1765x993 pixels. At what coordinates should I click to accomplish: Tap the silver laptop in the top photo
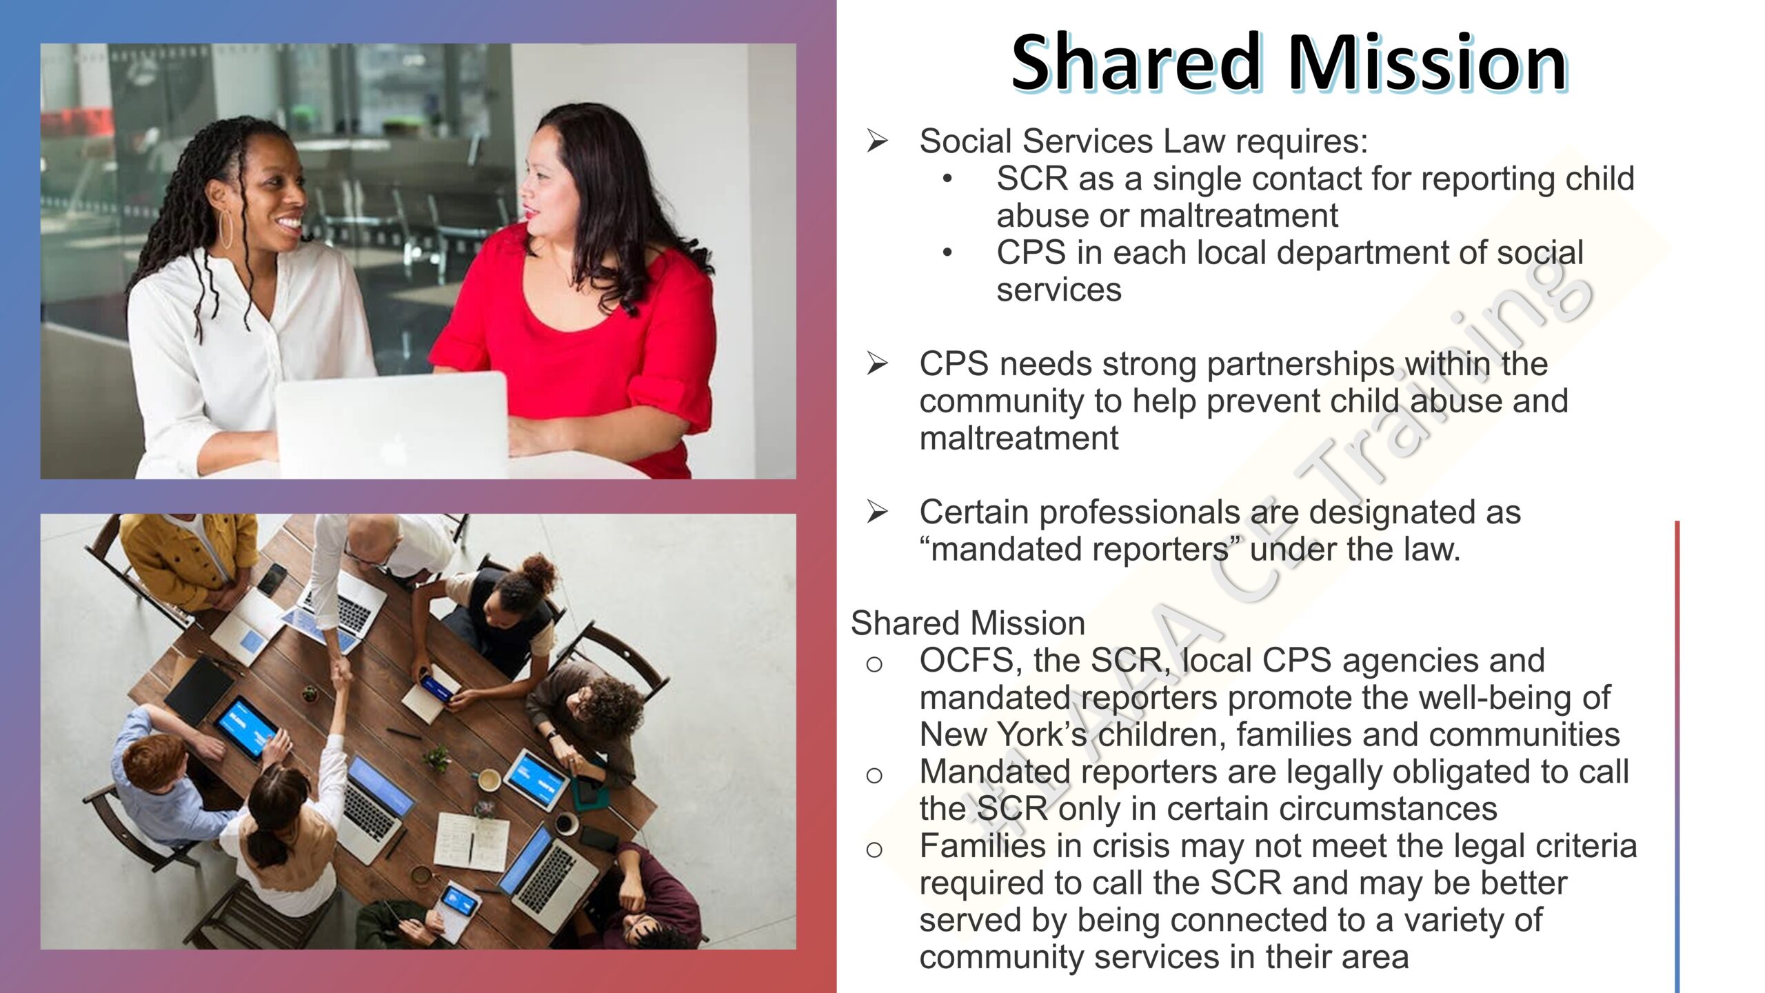(x=392, y=424)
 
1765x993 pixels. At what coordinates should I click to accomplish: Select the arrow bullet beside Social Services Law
(x=877, y=141)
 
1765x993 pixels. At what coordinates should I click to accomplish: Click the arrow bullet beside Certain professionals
(x=877, y=512)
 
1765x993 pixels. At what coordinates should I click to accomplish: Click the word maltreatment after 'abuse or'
(x=1239, y=216)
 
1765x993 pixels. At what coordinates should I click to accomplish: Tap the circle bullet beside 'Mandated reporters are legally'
(x=874, y=775)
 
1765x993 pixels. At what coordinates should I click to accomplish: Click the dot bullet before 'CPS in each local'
(x=948, y=253)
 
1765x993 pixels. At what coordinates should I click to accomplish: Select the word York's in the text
(x=1041, y=735)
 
